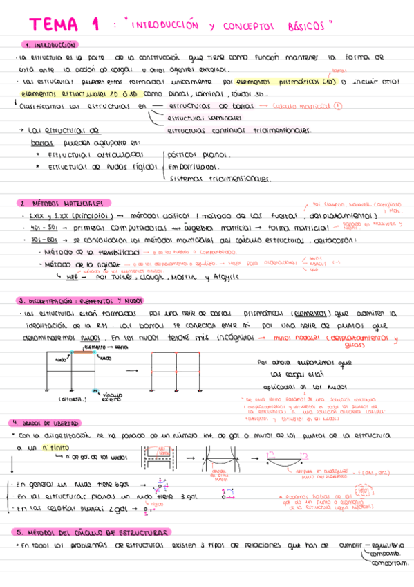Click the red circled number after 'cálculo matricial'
point(337,106)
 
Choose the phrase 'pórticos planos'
point(200,154)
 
